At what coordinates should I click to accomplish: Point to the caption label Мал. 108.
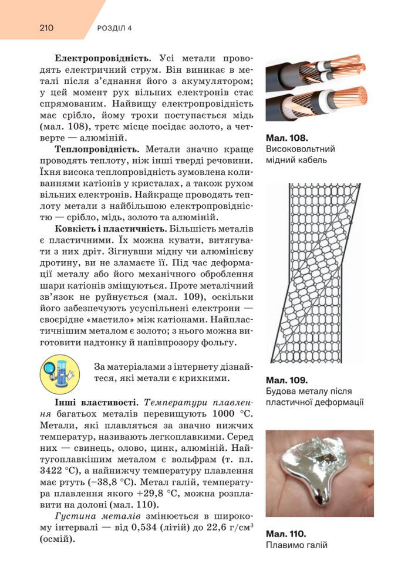[x=286, y=138]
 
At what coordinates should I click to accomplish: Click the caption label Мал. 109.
[x=286, y=380]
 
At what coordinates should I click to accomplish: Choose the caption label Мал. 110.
[x=286, y=534]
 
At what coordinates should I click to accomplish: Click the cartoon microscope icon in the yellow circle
[x=59, y=374]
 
